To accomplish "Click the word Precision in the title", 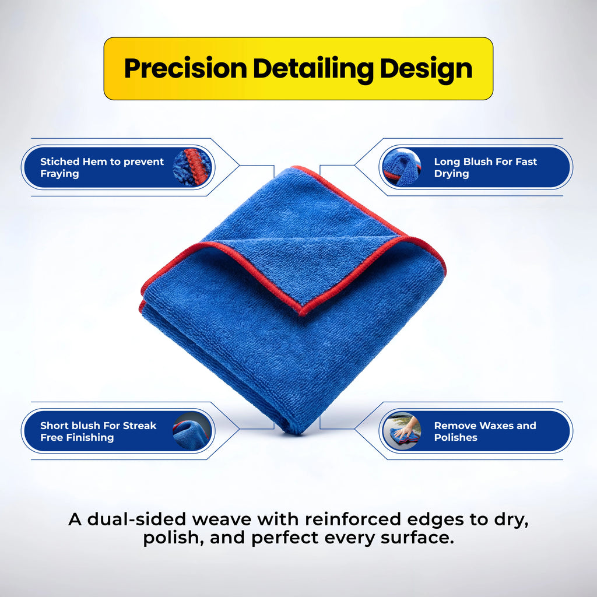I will [x=186, y=69].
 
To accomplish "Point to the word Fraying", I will [x=59, y=174].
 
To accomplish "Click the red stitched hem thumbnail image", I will [x=192, y=167].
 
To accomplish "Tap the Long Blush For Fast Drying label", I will [x=485, y=167].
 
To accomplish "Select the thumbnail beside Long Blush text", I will [x=402, y=167].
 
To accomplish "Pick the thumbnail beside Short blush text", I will [x=192, y=431].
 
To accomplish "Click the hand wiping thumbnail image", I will [x=402, y=431].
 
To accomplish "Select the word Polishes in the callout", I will [x=455, y=437].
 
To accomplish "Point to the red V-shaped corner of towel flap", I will [x=302, y=310].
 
